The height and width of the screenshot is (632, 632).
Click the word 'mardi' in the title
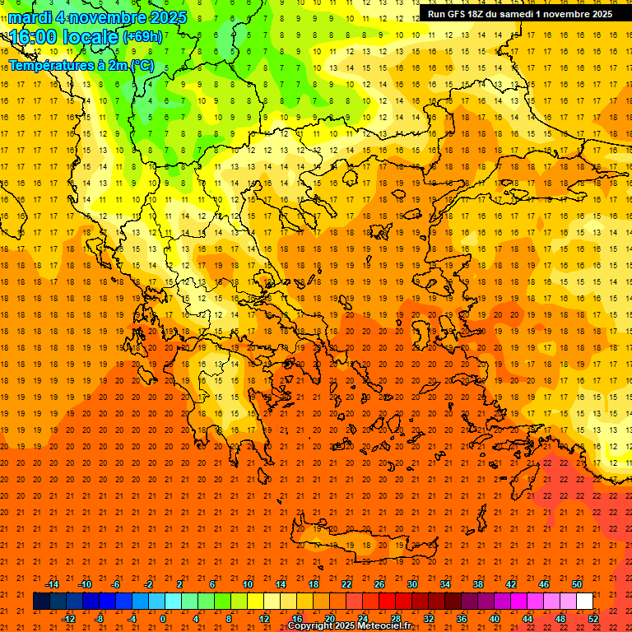click(29, 17)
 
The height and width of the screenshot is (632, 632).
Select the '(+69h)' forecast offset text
click(142, 37)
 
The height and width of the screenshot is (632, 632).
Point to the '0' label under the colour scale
click(163, 619)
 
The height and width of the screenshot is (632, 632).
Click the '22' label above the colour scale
click(346, 584)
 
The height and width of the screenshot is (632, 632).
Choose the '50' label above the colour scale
click(577, 584)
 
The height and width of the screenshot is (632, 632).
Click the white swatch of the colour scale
click(584, 602)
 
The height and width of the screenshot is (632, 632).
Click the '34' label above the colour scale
click(445, 584)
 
